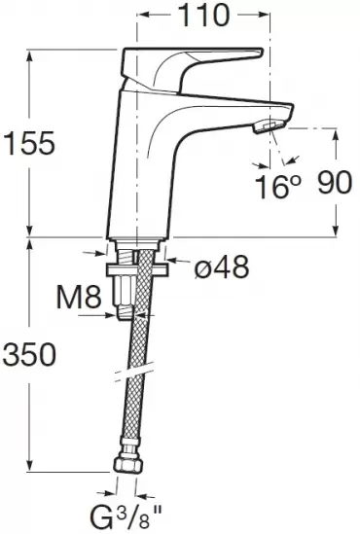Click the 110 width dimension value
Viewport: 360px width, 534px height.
click(x=204, y=16)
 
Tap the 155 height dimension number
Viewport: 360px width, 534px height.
click(x=29, y=143)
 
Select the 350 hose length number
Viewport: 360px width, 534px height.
click(x=28, y=354)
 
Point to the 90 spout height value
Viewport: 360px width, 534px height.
click(x=334, y=183)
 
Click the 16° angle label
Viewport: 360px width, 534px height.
click(x=278, y=187)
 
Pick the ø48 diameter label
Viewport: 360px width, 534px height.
click(x=222, y=267)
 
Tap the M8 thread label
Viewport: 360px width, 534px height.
click(x=79, y=298)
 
